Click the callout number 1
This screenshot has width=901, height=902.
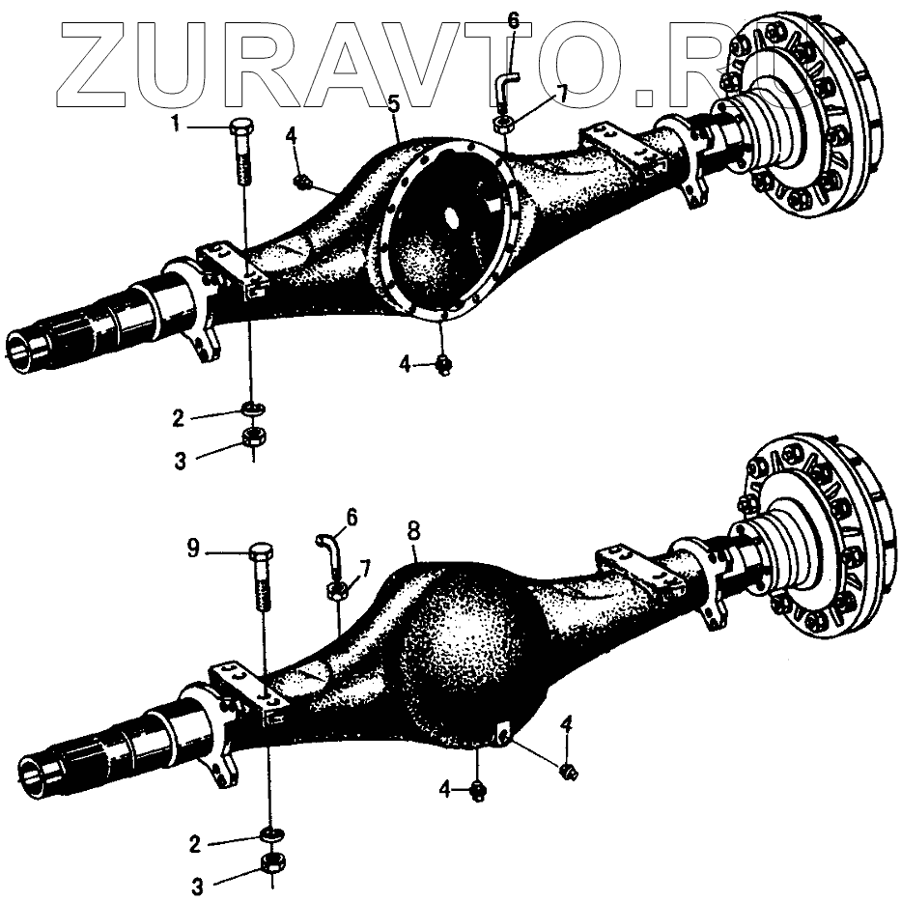(176, 124)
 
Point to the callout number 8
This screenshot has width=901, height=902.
(413, 529)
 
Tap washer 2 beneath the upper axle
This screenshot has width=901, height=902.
(252, 409)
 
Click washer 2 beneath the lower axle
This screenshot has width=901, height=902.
(271, 833)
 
